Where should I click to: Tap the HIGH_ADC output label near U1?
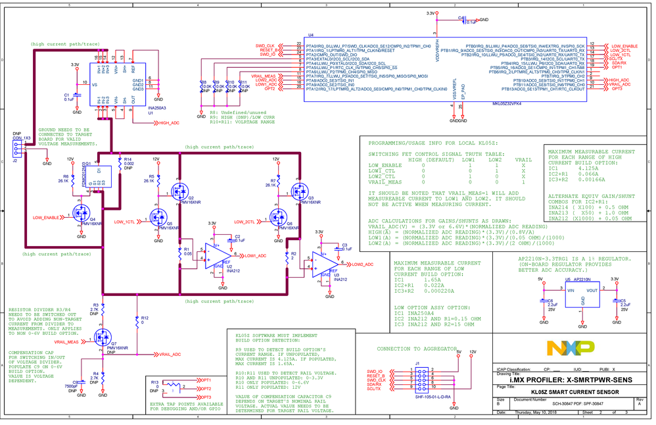pos(168,122)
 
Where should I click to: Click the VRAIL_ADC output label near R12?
pos(170,355)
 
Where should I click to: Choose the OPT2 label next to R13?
pos(206,389)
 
